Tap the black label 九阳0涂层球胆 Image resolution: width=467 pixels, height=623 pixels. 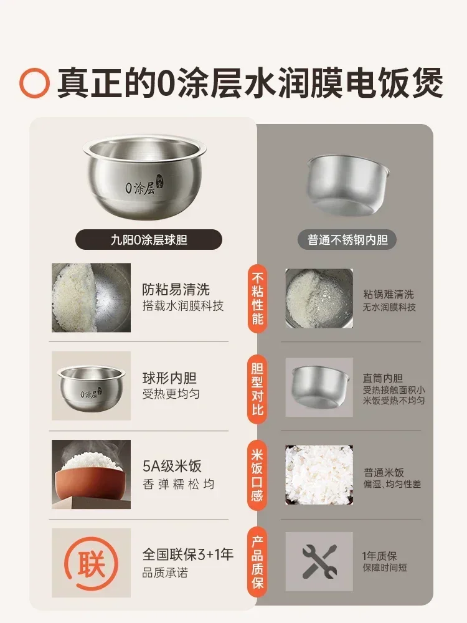[149, 239]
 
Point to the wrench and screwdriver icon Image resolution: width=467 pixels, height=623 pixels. [319, 561]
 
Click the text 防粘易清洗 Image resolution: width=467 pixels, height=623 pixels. [176, 290]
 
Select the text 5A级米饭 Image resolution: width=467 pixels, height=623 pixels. [172, 467]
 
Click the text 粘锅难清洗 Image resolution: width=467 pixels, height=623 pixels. [389, 294]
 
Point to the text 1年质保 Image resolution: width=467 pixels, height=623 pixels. [380, 556]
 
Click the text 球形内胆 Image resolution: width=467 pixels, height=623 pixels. [169, 379]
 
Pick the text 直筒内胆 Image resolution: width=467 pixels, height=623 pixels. [382, 378]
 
